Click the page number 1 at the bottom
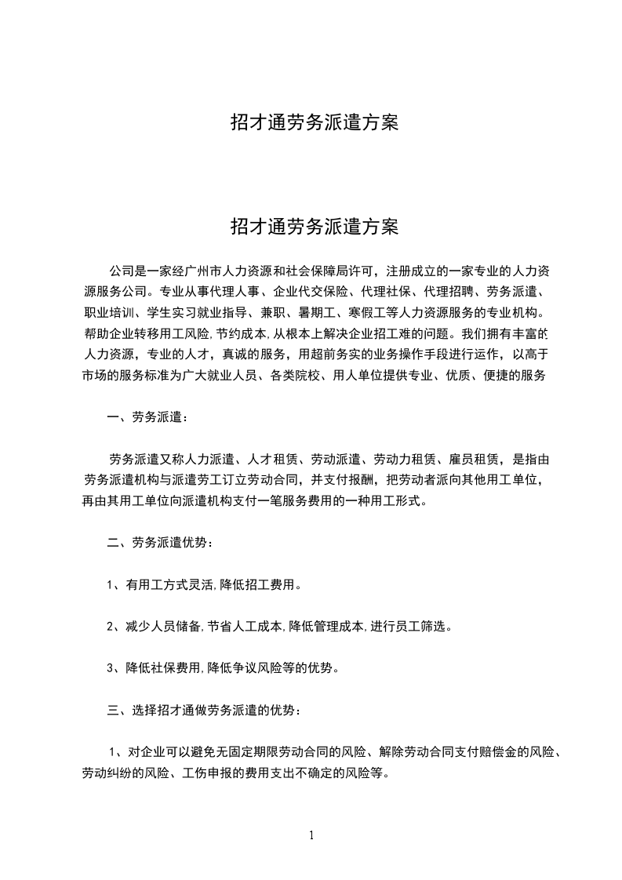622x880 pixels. click(311, 835)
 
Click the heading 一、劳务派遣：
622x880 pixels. click(147, 416)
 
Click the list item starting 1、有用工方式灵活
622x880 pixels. click(204, 584)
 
